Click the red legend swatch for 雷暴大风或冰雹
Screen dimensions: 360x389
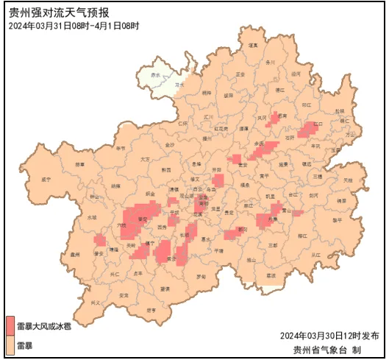pos(10,325)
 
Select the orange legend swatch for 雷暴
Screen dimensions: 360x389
pos(10,343)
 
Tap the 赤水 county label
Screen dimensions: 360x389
pos(155,75)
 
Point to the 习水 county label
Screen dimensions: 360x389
pos(179,85)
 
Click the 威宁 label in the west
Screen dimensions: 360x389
pos(47,179)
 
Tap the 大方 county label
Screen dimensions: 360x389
pos(145,159)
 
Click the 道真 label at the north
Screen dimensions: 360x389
pos(253,46)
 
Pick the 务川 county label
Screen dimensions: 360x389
pos(270,62)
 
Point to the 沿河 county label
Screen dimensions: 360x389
pos(296,74)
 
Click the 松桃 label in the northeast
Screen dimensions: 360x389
pos(339,111)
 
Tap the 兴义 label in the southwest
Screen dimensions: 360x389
pos(95,303)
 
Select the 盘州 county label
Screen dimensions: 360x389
pos(74,255)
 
